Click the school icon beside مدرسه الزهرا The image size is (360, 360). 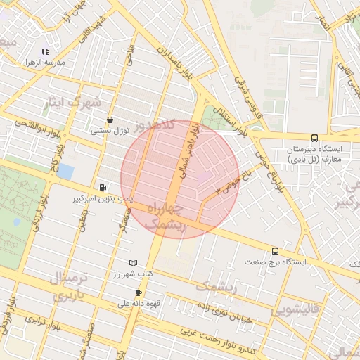(46, 51)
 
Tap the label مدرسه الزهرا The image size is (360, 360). (45, 63)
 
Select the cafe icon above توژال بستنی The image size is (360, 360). (110, 120)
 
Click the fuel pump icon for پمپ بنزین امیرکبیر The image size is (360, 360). (104, 188)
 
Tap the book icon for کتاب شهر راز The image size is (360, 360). (133, 263)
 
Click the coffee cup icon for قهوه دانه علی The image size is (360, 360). (139, 292)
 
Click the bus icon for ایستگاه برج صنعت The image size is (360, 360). (275, 250)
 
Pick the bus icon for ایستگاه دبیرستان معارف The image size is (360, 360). (314, 138)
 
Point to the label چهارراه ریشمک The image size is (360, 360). (167, 217)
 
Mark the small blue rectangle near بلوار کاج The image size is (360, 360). (65, 171)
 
